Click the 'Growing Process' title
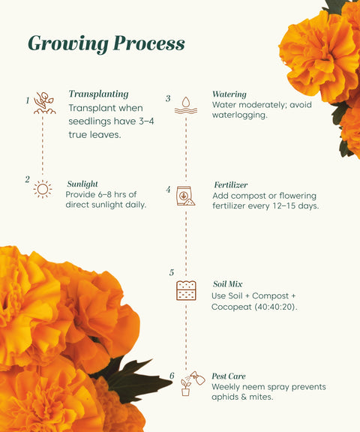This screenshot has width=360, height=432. [106, 43]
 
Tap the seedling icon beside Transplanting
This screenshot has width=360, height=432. [44, 103]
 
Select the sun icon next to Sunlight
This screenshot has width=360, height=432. [43, 189]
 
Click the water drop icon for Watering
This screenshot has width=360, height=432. [185, 105]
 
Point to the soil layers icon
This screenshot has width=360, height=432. [185, 290]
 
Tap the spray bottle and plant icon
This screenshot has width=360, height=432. [189, 382]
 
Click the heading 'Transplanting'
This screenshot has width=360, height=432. [98, 94]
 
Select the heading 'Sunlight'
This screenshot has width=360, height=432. [82, 184]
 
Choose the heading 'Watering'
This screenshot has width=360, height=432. [229, 94]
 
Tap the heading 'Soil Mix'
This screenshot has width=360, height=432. [229, 284]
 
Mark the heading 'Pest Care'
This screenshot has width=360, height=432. [229, 376]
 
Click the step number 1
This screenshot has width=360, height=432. [27, 100]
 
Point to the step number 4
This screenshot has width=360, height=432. [168, 190]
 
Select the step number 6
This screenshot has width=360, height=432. [171, 376]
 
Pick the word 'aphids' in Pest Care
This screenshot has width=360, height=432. [227, 397]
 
